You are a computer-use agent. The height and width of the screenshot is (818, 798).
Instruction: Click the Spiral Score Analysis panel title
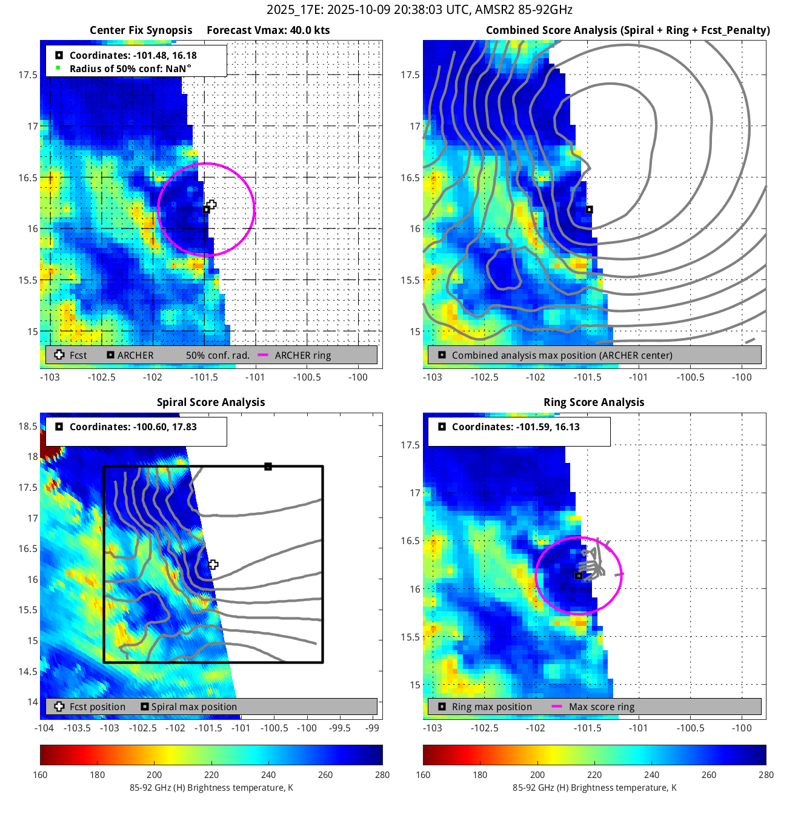[x=211, y=402]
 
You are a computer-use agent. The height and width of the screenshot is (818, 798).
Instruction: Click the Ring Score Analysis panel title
[x=594, y=402]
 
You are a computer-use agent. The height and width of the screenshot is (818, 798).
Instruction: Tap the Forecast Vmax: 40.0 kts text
[x=268, y=30]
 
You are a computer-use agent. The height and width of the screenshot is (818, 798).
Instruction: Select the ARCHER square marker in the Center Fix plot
[x=206, y=210]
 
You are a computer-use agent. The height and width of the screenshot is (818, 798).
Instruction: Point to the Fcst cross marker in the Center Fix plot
[x=211, y=205]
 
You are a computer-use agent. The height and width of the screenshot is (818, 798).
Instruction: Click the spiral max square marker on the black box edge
[x=268, y=467]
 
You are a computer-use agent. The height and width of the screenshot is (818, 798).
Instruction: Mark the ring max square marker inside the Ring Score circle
[x=579, y=576]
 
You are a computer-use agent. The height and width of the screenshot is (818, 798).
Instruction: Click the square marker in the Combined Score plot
[x=589, y=210]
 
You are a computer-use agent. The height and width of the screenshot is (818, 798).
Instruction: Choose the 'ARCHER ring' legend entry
[x=302, y=356]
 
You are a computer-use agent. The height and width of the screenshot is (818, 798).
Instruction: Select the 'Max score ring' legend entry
[x=601, y=707]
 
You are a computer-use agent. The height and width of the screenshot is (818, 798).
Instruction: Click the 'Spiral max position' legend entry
[x=194, y=707]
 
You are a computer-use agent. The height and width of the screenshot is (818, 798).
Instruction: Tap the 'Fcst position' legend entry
[x=97, y=707]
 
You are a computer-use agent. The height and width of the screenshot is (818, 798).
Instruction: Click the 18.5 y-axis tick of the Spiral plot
[x=28, y=426]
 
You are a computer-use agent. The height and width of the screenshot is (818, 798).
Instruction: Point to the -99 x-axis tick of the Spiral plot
[x=373, y=728]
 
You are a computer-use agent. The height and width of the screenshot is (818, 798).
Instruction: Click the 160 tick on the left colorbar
[x=41, y=775]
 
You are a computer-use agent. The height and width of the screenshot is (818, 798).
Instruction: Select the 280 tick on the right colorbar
[x=766, y=775]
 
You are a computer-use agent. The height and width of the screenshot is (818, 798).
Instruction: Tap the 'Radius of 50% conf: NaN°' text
[x=130, y=69]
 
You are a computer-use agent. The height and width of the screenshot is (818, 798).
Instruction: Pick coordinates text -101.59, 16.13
[x=516, y=427]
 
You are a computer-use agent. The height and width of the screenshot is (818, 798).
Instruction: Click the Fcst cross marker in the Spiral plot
[x=213, y=565]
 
